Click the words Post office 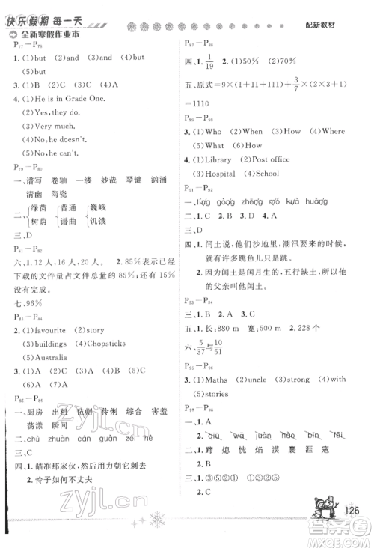[x=288, y=159]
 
